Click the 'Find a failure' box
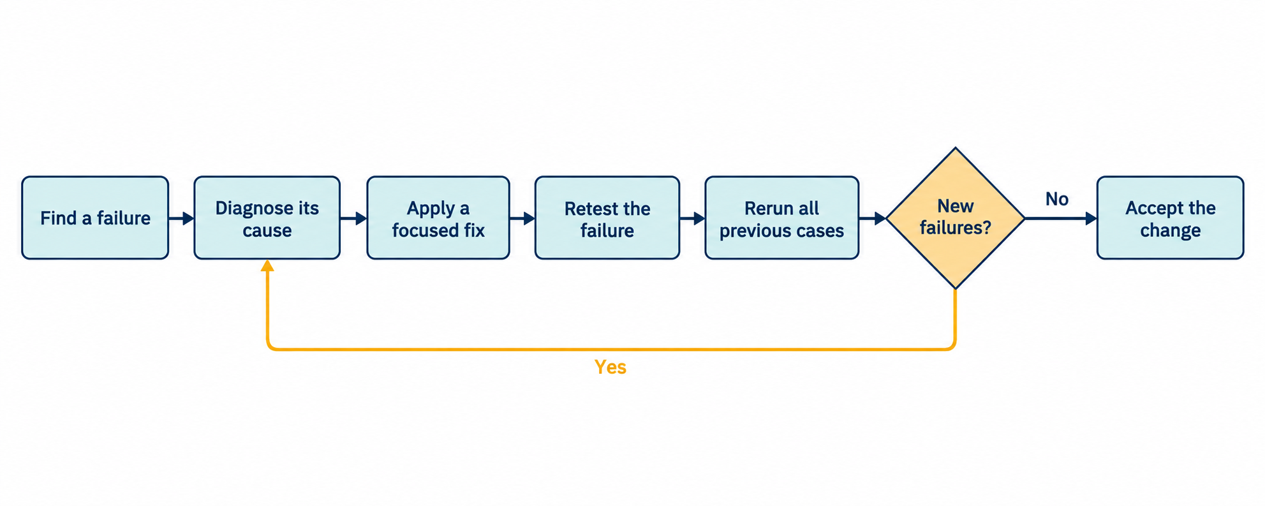point(95,218)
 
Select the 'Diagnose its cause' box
point(267,218)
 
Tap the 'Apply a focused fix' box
point(438,218)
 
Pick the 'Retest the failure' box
point(607,218)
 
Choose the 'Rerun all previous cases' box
point(782,218)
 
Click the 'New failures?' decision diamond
point(955,218)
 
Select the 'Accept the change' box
point(1171,218)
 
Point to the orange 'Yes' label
point(610,367)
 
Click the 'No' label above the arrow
point(1057,199)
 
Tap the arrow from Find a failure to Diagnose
point(182,218)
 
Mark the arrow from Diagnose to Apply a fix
point(354,218)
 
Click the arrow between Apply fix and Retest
point(522,218)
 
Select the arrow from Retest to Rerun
point(693,218)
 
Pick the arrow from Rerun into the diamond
point(873,218)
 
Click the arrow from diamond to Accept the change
point(1061,218)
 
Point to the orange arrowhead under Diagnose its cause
point(267,265)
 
